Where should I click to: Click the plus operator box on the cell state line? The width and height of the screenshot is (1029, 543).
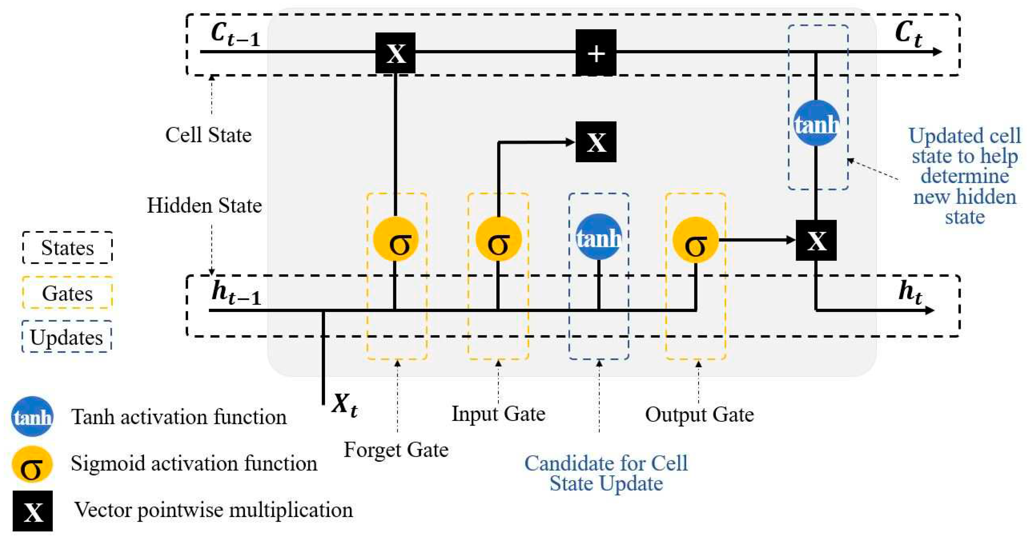coord(596,52)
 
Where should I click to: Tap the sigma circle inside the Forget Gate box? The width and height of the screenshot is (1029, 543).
coord(396,239)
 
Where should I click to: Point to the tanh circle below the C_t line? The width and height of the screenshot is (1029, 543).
coord(816,123)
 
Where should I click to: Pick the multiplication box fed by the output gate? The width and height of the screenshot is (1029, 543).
coord(816,240)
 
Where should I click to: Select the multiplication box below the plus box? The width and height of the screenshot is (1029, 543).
coord(596,142)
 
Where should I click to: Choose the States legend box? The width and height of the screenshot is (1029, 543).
coord(67,248)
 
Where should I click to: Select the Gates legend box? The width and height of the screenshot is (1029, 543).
coord(67,293)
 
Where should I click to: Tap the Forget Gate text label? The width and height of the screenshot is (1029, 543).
coord(396,450)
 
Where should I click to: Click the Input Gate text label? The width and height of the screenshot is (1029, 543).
coord(498,414)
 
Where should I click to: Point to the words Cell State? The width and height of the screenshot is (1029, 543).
coord(208,135)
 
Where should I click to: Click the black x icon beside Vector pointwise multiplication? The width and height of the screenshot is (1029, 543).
coord(33,511)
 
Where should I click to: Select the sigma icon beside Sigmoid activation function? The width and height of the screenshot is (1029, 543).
coord(32,464)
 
